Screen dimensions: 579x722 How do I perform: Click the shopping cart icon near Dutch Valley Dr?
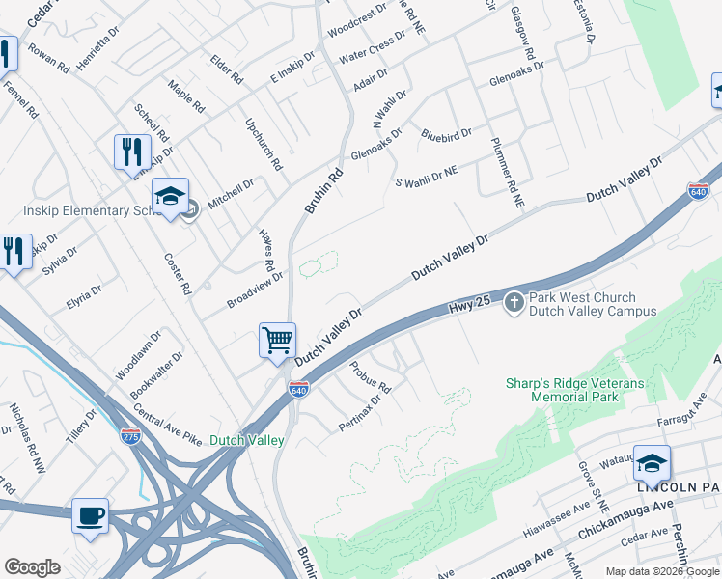click(x=277, y=340)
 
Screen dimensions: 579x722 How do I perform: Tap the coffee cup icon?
click(x=91, y=515)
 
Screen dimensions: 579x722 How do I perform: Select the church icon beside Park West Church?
click(x=514, y=303)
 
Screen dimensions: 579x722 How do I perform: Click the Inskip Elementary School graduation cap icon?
click(x=171, y=197)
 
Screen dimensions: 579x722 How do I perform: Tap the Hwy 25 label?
click(x=470, y=306)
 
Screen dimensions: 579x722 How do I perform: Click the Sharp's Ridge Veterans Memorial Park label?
click(x=573, y=390)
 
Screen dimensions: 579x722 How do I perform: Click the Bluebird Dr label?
click(x=446, y=133)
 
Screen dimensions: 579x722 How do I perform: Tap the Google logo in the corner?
click(x=33, y=566)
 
